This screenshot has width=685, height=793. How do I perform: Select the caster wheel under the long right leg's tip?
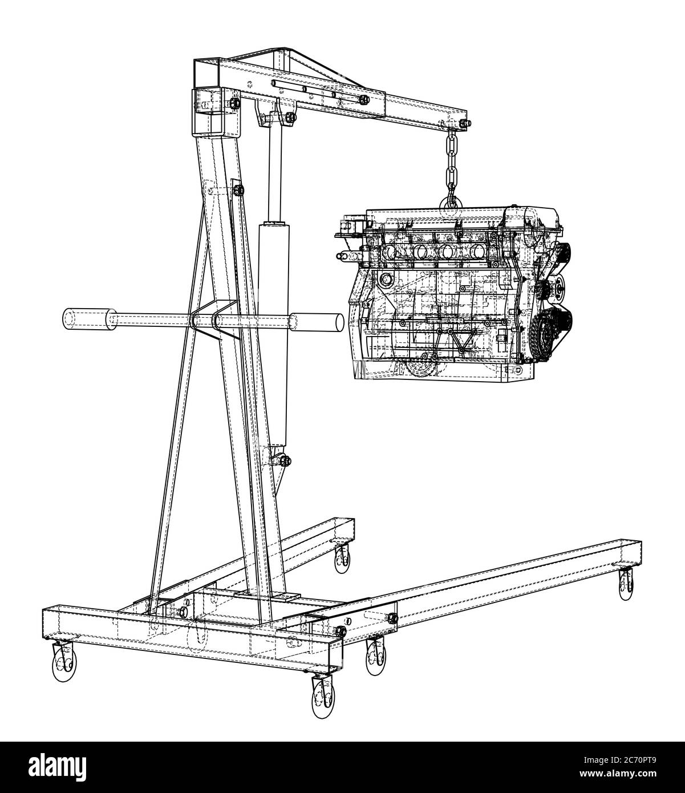pos(626,585)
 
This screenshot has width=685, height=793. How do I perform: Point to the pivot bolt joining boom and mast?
pos(235,103)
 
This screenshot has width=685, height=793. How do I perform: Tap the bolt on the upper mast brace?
pos(239,189)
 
